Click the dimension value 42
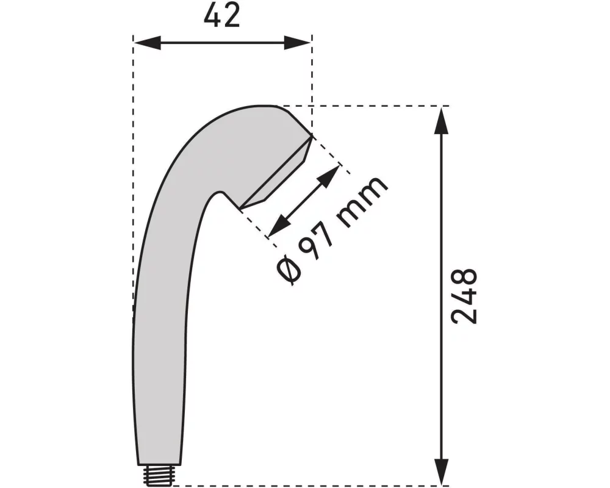222,16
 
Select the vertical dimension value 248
464,296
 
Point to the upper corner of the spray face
312,135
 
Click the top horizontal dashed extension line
366,106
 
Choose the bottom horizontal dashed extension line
305,486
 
